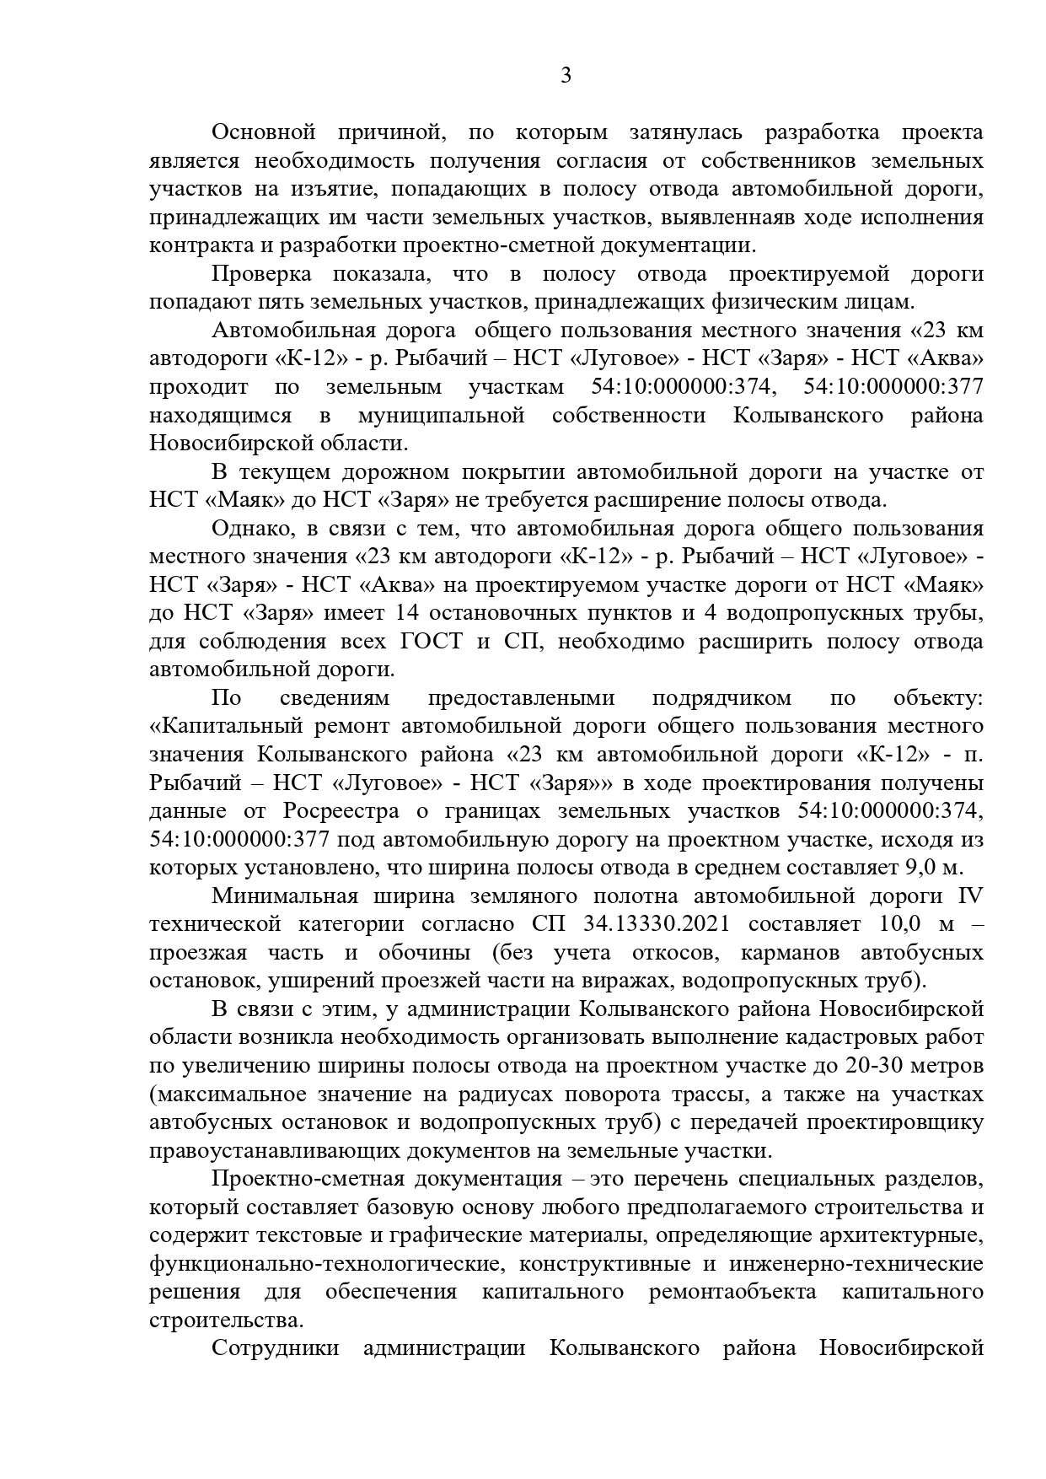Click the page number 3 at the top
(x=566, y=77)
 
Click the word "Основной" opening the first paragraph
(x=263, y=132)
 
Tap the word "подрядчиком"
(x=721, y=698)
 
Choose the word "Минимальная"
(x=284, y=896)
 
